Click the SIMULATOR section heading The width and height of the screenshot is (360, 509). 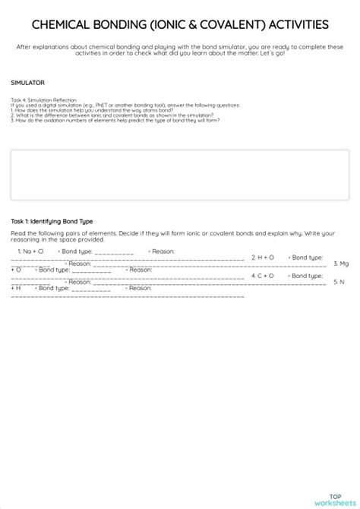tap(27, 81)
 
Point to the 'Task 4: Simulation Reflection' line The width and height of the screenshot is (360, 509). tap(45, 100)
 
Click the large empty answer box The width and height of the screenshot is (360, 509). tap(180, 174)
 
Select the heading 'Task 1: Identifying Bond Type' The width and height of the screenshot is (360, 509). tap(52, 221)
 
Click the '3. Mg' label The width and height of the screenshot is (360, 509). tap(341, 263)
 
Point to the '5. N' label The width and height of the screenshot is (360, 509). tap(339, 282)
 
